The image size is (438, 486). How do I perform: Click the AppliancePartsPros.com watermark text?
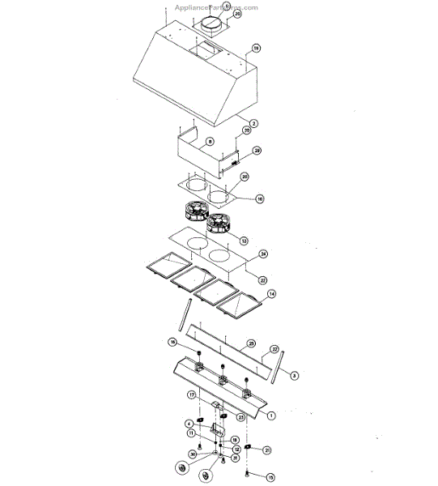(x=219, y=7)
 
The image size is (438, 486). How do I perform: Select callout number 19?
(x=256, y=49)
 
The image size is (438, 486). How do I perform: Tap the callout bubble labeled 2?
(x=253, y=123)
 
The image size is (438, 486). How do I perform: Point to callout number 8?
(x=210, y=142)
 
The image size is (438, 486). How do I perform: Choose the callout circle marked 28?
(x=257, y=151)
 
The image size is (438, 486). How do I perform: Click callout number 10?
(x=259, y=198)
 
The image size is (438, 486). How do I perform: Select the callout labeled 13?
(x=244, y=241)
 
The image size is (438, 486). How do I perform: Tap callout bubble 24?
(x=263, y=254)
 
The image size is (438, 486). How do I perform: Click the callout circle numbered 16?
(x=172, y=343)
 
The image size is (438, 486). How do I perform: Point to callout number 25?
(x=251, y=344)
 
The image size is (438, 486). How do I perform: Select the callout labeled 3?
(x=294, y=376)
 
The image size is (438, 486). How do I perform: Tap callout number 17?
(x=193, y=394)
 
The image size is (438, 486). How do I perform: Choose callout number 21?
(x=267, y=450)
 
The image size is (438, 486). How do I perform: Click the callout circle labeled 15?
(x=270, y=478)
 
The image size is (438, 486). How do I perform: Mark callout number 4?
(x=189, y=423)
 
